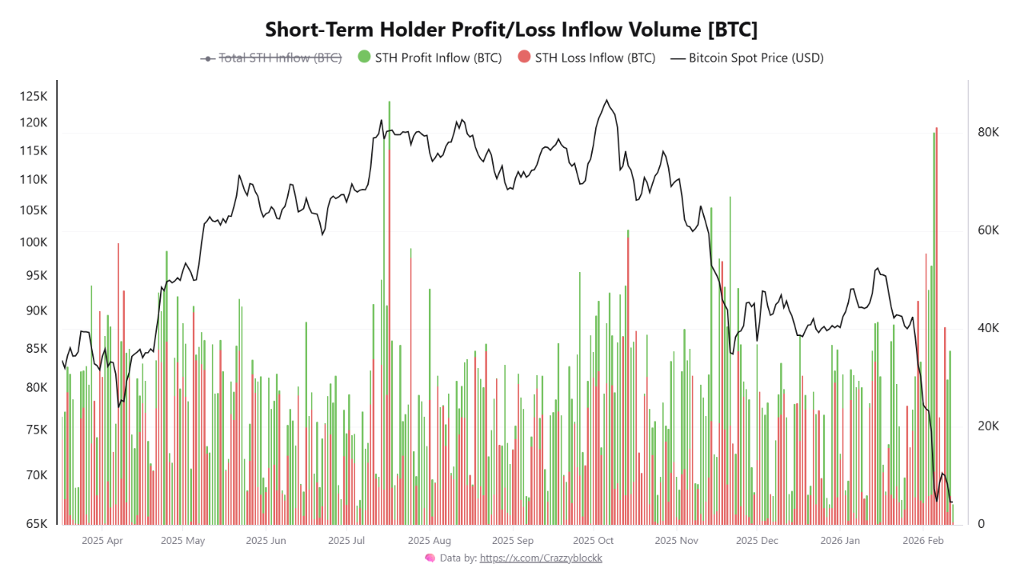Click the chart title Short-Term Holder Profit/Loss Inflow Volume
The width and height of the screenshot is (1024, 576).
tap(511, 30)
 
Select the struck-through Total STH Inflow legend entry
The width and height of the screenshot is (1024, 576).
tap(271, 58)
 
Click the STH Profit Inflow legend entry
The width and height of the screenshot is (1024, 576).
tap(429, 58)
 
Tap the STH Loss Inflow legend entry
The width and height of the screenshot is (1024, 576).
tap(586, 58)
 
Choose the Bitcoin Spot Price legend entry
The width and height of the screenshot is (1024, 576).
tap(746, 58)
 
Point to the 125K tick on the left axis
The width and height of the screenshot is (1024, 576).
tap(34, 97)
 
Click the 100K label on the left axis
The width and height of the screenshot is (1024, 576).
tap(34, 242)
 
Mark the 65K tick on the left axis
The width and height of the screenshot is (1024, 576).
tap(36, 524)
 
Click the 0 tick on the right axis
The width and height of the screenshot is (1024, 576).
tap(982, 524)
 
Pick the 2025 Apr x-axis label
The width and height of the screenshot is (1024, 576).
tap(102, 541)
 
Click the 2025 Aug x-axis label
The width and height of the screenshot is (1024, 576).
tap(430, 541)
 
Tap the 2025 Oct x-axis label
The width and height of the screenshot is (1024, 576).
tap(594, 541)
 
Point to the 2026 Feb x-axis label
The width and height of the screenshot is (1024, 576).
tap(924, 541)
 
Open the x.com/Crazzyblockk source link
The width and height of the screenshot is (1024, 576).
tap(541, 558)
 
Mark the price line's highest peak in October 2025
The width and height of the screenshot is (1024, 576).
tap(606, 101)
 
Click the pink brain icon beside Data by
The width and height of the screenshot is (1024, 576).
tap(430, 558)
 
